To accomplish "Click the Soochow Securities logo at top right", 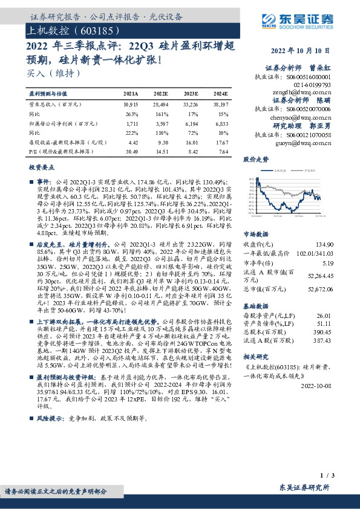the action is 304,21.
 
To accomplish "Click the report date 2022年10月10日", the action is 303,51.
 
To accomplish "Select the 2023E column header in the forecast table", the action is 192,94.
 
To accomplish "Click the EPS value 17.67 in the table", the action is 221,141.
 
